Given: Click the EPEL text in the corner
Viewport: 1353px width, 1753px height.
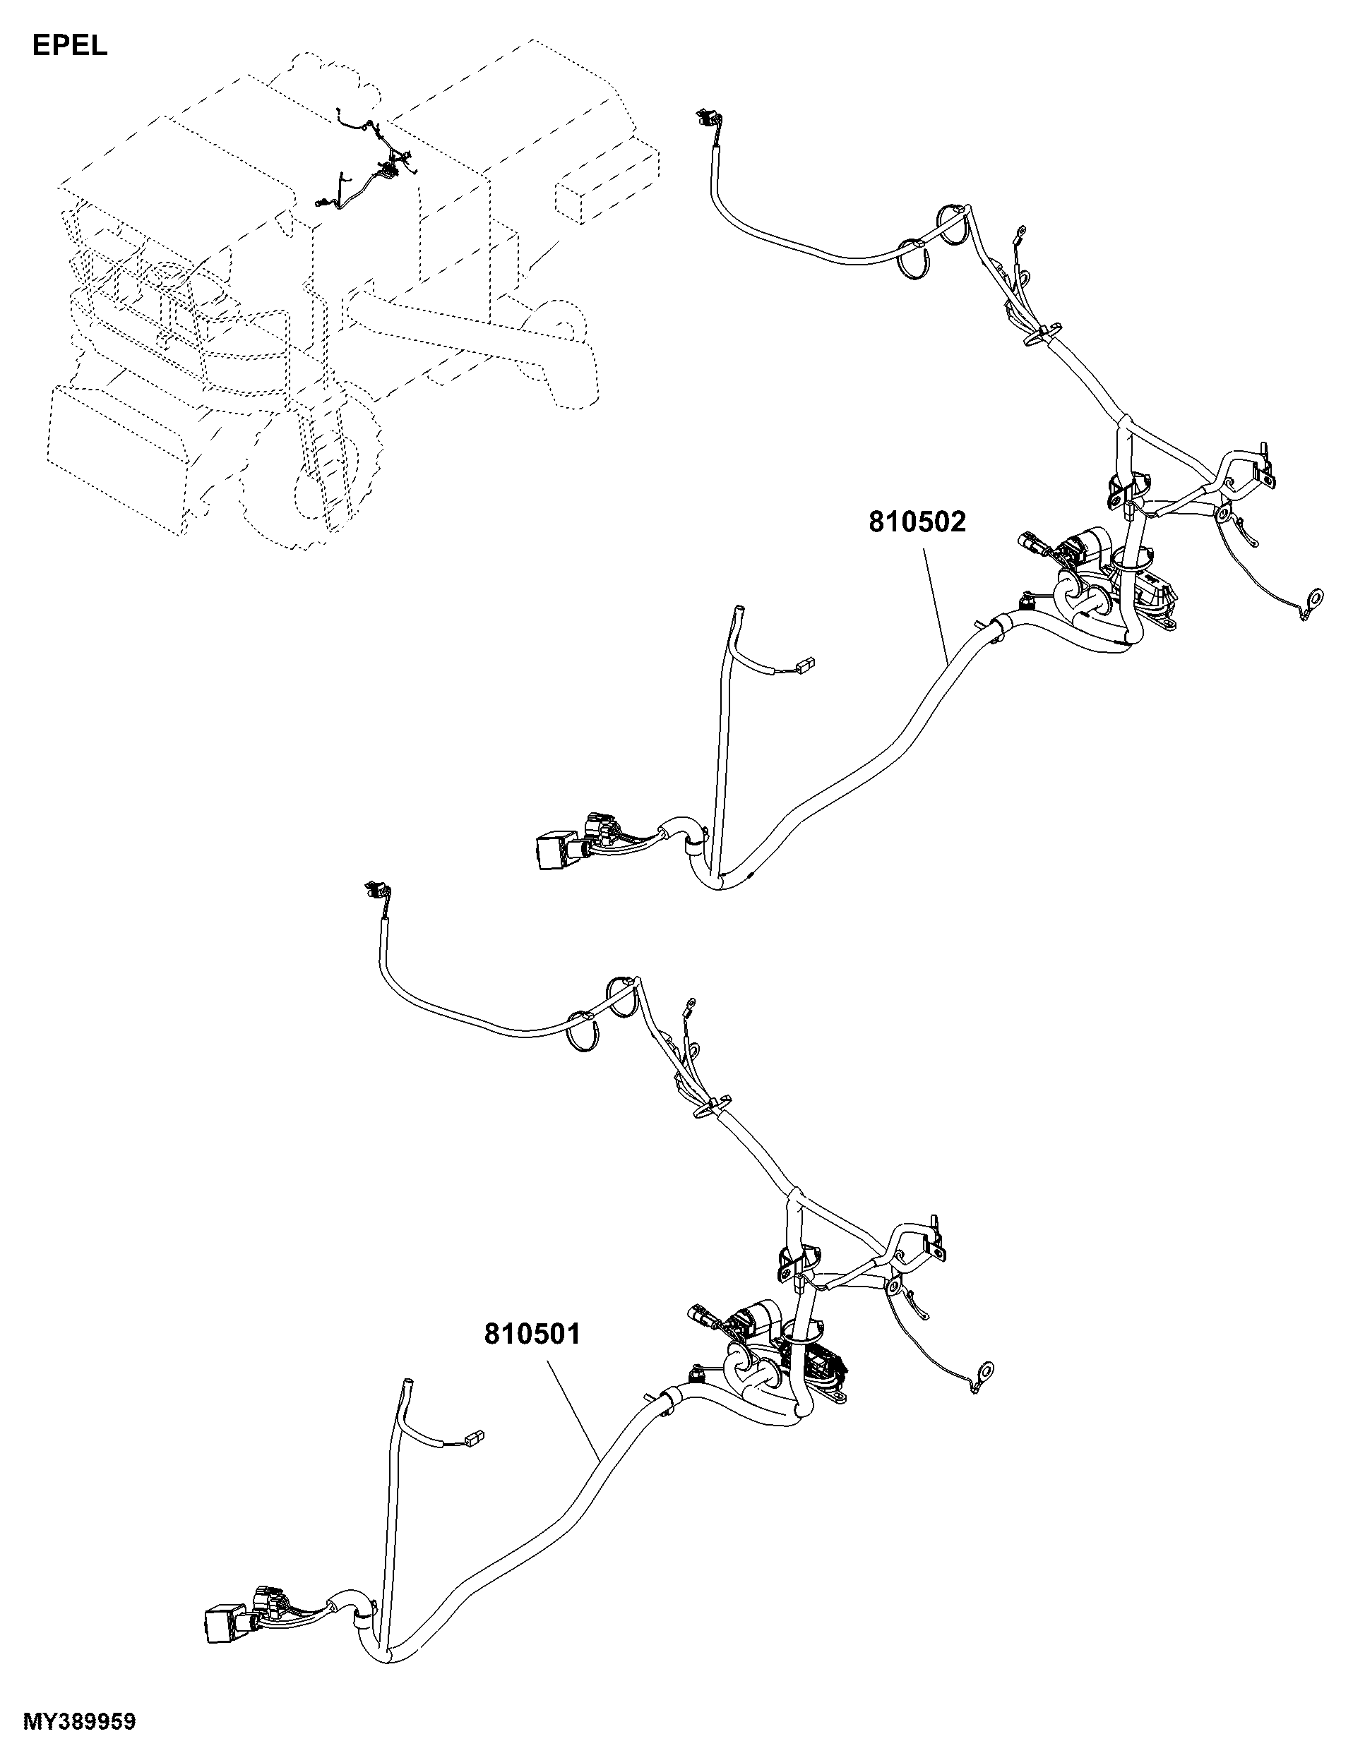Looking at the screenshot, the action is (x=70, y=47).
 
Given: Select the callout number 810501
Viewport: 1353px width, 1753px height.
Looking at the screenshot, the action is (x=532, y=1334).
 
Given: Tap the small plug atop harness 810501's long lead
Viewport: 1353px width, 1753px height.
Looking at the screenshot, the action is (x=377, y=888).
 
